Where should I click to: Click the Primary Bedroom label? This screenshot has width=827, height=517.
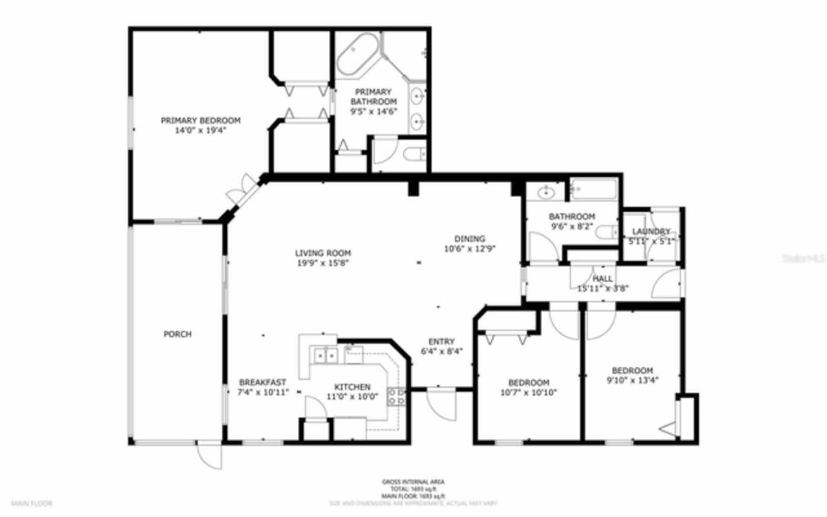200,120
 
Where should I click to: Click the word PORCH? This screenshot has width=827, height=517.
178,334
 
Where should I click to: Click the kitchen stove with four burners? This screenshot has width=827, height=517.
396,396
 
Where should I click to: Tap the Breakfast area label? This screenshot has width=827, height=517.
262,382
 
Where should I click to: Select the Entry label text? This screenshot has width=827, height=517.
441,342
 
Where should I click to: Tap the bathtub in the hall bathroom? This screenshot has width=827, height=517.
594,190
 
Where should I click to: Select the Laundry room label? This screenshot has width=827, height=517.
651,232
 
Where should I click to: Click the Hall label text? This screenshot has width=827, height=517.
603,279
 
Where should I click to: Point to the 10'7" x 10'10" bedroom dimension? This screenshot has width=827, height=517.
529,392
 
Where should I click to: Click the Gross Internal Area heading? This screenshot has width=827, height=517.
413,481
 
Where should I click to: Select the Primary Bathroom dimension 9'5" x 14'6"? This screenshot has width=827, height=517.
373,111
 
